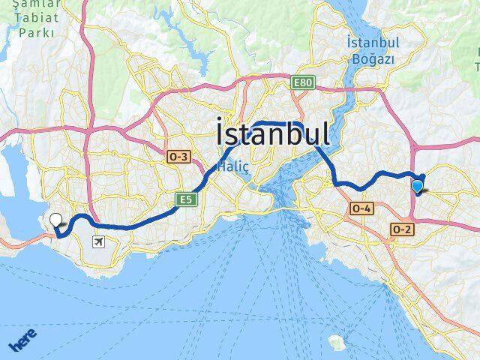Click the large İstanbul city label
click(271, 134)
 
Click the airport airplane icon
click(98, 241)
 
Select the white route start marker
click(55, 220)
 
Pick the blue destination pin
click(418, 187)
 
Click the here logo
click(22, 342)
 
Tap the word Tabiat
click(34, 19)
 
